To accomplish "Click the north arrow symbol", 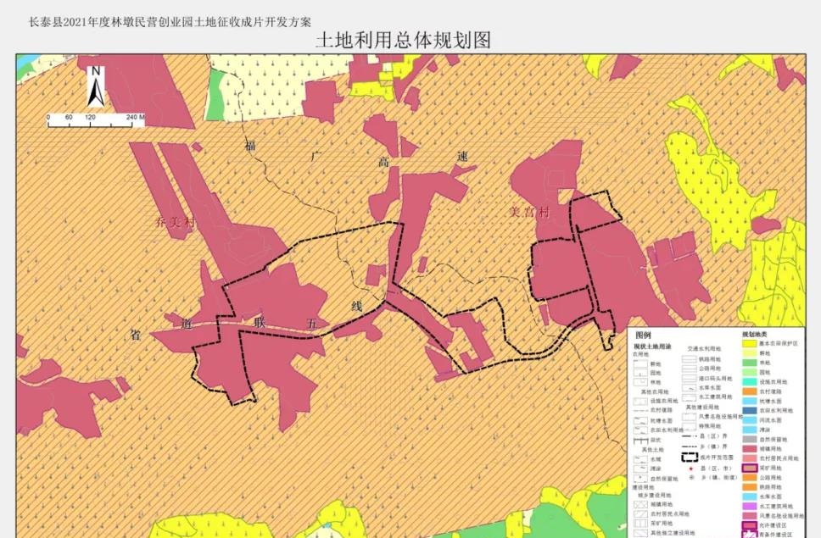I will pos(97,85).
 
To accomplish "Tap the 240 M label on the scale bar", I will pos(136,116).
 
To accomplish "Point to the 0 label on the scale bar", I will pos(48,116).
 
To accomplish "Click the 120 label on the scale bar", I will pos(89,116).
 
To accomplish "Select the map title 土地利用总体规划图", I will pos(403,41).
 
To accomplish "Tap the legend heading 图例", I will pos(644,336).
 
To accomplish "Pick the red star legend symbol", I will pos(691,469).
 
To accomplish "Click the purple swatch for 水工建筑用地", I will pos(750,505).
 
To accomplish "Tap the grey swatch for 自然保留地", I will pos(750,439).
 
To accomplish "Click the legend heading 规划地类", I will pos(756,335).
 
